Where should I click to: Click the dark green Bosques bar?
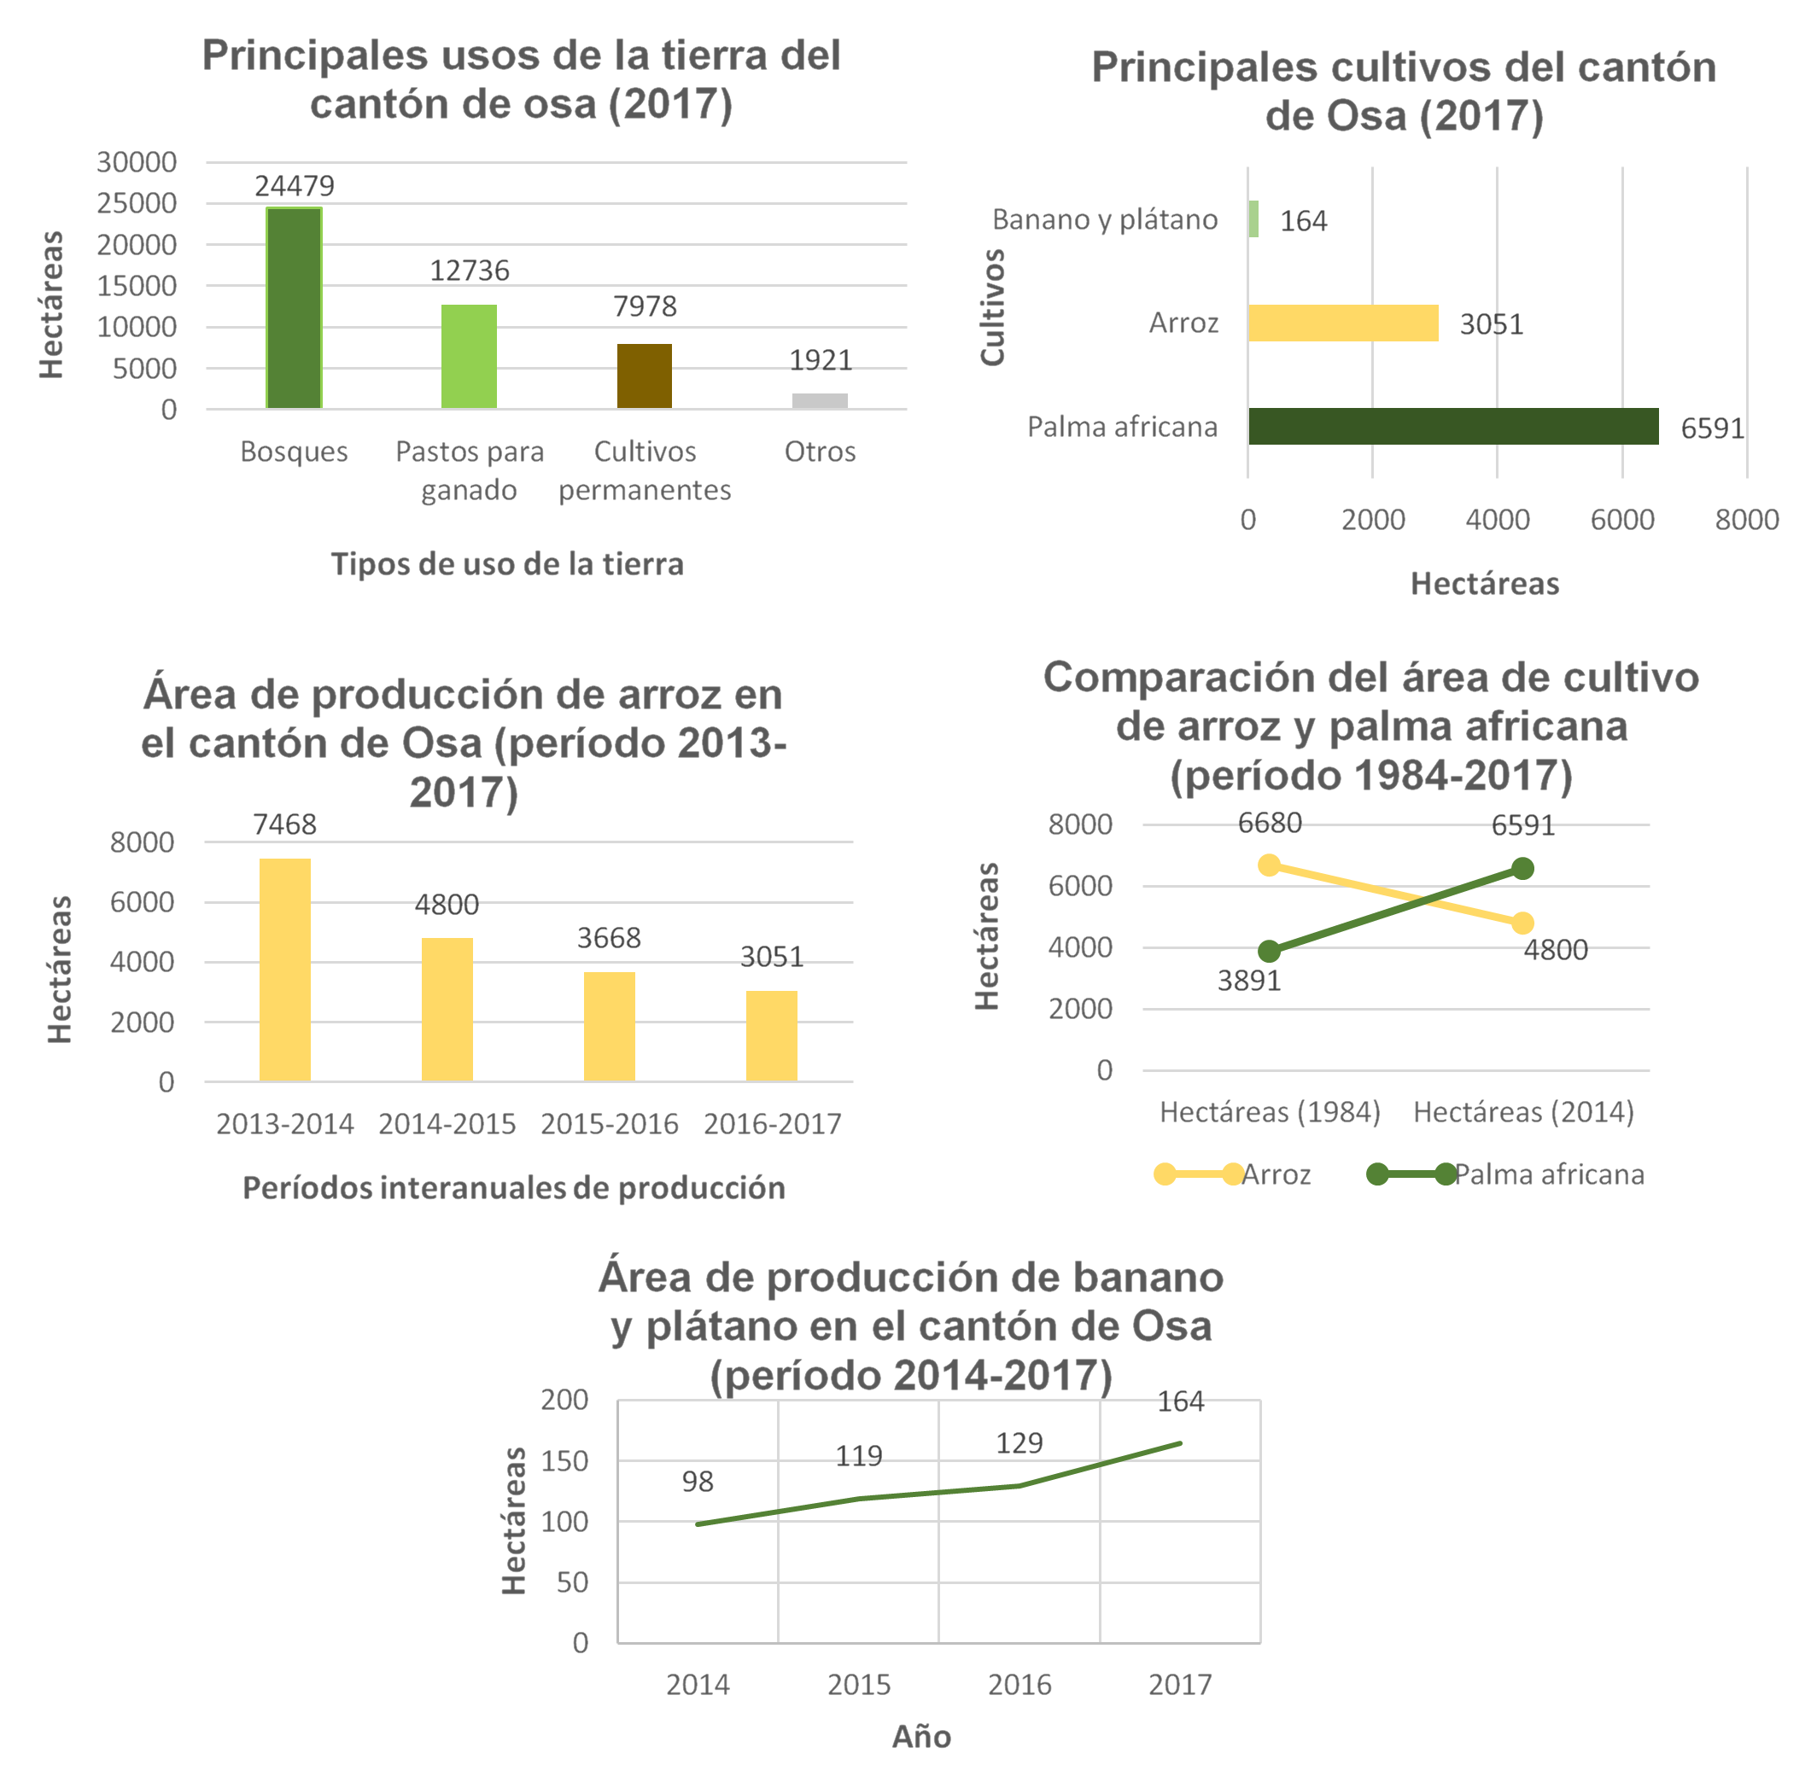point(294,308)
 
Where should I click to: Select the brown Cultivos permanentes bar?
point(644,376)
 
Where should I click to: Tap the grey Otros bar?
point(820,401)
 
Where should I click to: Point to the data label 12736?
point(469,271)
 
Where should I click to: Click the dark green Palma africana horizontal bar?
point(1452,426)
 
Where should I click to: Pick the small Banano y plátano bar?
point(1253,218)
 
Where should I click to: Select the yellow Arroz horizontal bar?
point(1343,323)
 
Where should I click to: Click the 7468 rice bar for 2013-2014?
point(285,970)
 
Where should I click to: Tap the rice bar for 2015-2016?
point(610,1026)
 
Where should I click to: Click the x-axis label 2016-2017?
point(773,1123)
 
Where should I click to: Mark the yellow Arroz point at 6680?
point(1270,865)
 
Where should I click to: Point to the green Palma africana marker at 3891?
point(1270,951)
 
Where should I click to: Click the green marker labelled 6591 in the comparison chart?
point(1522,869)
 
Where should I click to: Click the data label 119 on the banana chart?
point(858,1456)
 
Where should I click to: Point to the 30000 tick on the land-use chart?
point(136,162)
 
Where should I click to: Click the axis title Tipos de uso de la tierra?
point(507,563)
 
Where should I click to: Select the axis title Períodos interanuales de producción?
point(514,1188)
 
